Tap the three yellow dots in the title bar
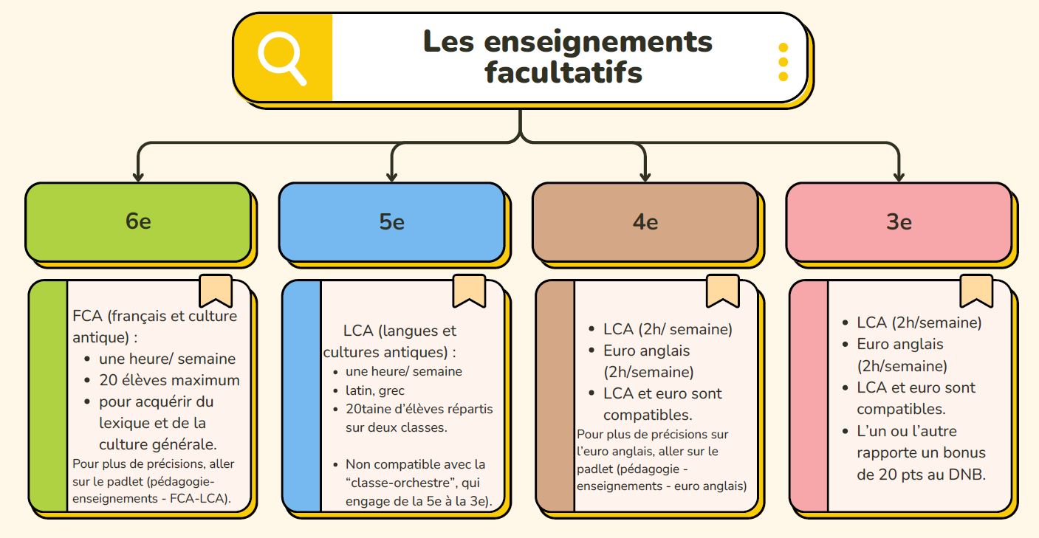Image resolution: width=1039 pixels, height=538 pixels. pyautogui.click(x=783, y=62)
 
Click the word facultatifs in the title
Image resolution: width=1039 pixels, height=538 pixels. pyautogui.click(x=563, y=72)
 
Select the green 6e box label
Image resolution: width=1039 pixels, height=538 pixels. pyautogui.click(x=138, y=221)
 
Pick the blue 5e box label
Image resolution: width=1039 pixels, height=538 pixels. pyautogui.click(x=392, y=221)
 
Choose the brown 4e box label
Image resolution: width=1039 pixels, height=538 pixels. pyautogui.click(x=645, y=222)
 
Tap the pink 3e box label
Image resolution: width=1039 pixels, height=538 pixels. pyautogui.click(x=899, y=222)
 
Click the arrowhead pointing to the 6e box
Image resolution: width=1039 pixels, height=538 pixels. pyautogui.click(x=138, y=176)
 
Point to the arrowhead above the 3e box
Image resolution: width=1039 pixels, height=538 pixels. pyautogui.click(x=899, y=176)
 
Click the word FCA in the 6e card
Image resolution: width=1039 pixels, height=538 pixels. pyautogui.click(x=87, y=316)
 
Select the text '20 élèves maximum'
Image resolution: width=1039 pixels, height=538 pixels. pyautogui.click(x=169, y=380)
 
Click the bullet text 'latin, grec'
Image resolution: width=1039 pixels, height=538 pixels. pyautogui.click(x=375, y=390)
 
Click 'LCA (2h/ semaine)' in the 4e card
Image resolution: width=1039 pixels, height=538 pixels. pyautogui.click(x=668, y=329)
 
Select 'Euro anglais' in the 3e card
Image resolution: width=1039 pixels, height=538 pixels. pyautogui.click(x=900, y=345)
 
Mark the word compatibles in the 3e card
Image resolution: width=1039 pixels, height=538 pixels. pyautogui.click(x=901, y=409)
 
